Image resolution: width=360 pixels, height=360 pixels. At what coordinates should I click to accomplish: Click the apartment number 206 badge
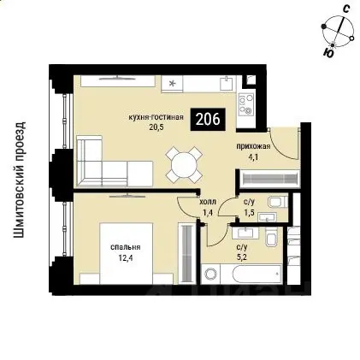point(208,120)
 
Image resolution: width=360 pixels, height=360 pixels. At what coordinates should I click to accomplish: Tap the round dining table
point(184,165)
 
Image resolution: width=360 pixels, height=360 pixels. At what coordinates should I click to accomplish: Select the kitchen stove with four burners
point(245,104)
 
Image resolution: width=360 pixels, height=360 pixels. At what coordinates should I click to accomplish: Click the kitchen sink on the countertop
point(227,83)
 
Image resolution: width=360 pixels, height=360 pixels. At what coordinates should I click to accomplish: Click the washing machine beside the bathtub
point(211,274)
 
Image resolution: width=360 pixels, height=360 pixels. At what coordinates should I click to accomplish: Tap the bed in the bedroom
point(127,253)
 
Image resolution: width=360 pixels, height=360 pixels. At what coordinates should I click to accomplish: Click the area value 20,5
point(156,127)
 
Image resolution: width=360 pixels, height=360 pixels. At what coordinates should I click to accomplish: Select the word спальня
point(126,248)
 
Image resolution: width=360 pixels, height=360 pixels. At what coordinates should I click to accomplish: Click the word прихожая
point(253,147)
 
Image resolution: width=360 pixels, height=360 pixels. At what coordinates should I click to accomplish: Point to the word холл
point(208,202)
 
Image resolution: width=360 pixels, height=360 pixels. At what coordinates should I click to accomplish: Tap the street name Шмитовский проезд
point(20,180)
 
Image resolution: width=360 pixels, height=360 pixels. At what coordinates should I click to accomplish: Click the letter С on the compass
point(346,9)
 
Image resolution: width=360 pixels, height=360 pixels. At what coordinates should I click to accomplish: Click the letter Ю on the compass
point(328,53)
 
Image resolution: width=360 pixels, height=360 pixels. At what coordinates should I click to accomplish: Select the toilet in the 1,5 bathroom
point(278,202)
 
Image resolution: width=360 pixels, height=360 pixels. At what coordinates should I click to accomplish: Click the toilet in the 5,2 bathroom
point(271,237)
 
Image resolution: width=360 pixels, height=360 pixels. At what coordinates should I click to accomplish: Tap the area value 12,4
point(126,259)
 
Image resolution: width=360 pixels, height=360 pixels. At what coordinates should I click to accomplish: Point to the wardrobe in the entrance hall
point(269,179)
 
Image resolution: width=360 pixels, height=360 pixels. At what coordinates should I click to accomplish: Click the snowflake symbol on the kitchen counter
point(172,84)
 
